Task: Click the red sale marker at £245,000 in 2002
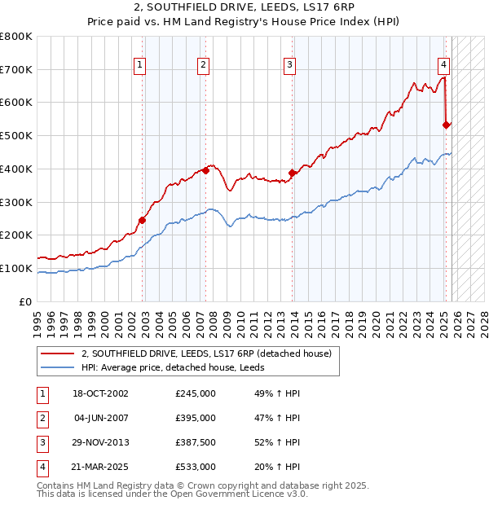tap(142, 220)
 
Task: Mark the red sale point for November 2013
tap(292, 173)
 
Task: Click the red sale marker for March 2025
tap(446, 125)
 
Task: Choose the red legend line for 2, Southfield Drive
tap(58, 354)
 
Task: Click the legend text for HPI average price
tap(178, 367)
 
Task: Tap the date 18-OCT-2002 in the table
tap(100, 393)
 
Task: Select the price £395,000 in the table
tap(196, 418)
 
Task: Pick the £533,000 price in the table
tap(196, 467)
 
